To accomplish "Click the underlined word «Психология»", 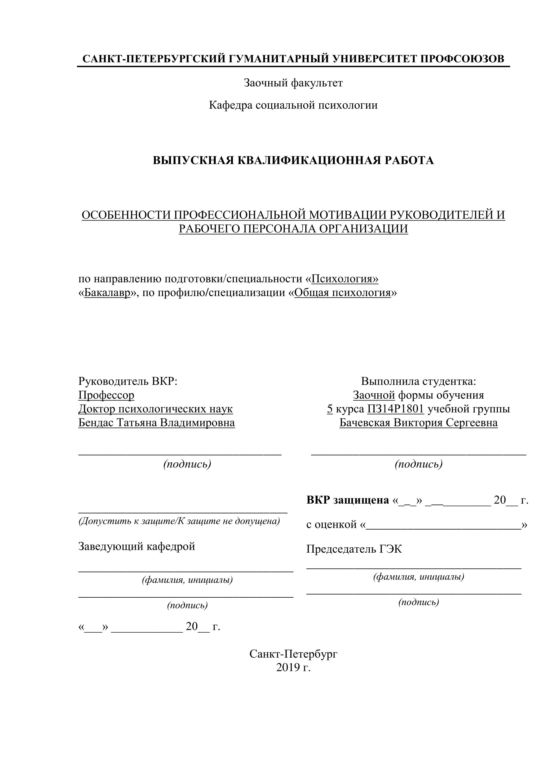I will [344, 279].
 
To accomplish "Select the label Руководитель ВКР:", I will [127, 381].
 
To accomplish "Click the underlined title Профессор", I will [106, 395].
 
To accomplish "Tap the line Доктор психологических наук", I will [156, 409].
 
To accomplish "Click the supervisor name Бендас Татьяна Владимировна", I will [157, 422].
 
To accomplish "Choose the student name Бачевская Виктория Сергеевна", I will [418, 422].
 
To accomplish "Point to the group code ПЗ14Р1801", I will [395, 409].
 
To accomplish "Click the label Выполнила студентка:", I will [418, 381].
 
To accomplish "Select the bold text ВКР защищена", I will [348, 500].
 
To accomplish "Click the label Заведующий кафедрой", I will [137, 546].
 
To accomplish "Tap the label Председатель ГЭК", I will [354, 549].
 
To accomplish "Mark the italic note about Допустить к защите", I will [179, 521].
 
